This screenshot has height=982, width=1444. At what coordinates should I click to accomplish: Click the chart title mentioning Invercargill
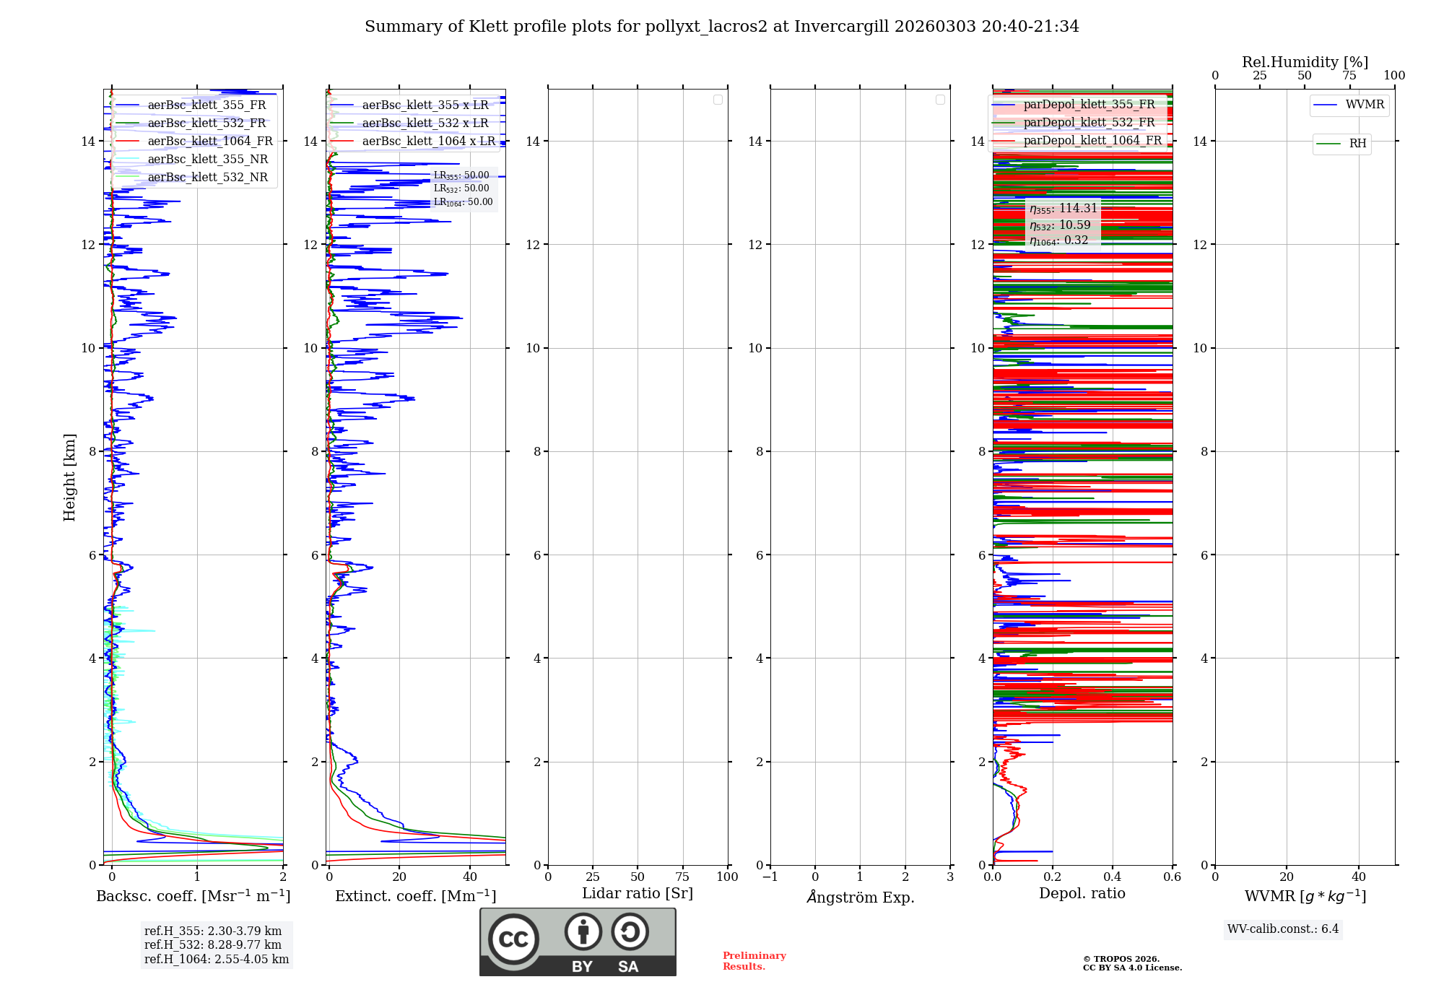coord(721,27)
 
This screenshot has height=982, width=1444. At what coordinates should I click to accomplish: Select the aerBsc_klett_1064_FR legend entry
coord(209,142)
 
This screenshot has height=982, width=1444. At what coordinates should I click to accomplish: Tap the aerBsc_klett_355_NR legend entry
coord(207,160)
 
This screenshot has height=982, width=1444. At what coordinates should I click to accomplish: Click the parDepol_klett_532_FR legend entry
coord(1089,123)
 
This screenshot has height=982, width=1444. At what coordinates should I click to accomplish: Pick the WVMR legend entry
coord(1365,105)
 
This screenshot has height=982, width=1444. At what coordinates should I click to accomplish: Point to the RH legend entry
coord(1357,144)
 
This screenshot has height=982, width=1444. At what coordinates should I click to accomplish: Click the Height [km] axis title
coord(69,477)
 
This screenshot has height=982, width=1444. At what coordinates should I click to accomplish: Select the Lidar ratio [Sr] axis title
coord(637,894)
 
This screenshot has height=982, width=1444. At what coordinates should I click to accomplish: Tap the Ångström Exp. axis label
coord(860,898)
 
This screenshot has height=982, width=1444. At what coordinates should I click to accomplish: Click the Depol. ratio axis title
coord(1082,894)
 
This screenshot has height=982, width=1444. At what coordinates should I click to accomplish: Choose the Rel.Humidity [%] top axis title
coord(1305,62)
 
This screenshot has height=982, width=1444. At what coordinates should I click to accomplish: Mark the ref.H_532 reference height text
coord(212,945)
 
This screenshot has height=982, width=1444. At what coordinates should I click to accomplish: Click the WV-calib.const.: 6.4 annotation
coord(1282,929)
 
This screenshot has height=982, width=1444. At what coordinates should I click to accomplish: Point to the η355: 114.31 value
coord(1063,209)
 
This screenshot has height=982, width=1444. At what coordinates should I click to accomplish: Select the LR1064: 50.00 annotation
coord(463,202)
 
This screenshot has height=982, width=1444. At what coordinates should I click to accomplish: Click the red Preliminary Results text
coord(754,961)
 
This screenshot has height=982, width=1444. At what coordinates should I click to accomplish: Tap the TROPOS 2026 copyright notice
coord(1131,963)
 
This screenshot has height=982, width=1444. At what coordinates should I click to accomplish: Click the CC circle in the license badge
coord(513,939)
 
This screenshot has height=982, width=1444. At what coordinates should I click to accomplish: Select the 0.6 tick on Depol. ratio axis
coord(1172,877)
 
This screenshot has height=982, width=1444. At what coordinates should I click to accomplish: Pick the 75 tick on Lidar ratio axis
coord(682,877)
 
